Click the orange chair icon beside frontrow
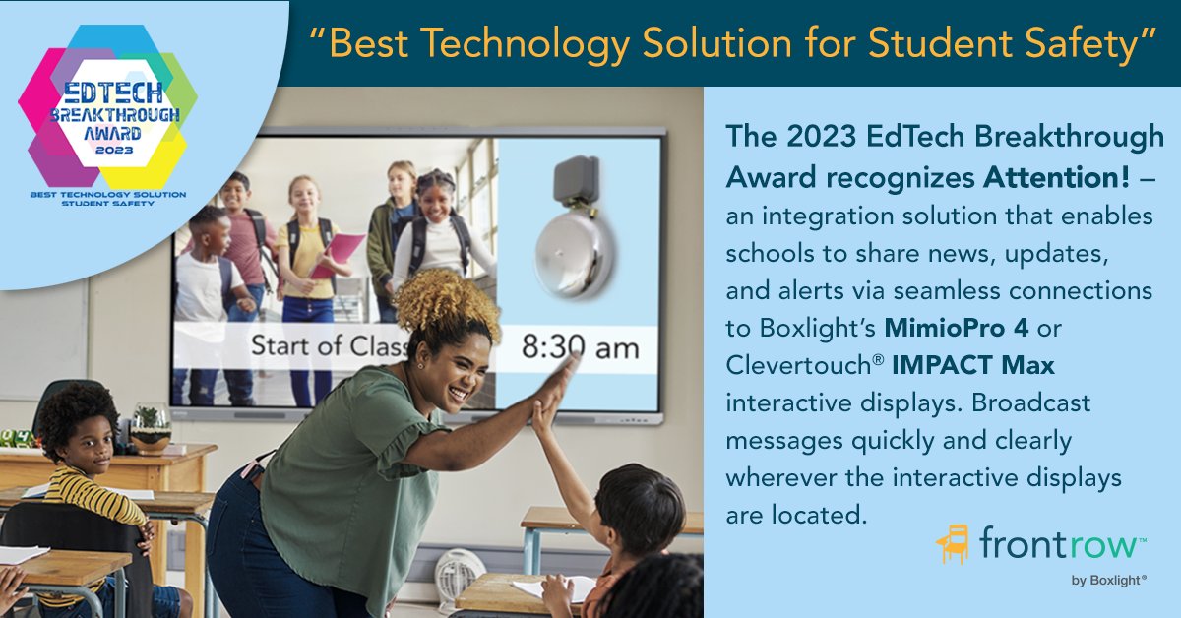coord(953,543)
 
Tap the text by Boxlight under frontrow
coord(1108,581)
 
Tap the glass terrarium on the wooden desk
coord(151,427)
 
